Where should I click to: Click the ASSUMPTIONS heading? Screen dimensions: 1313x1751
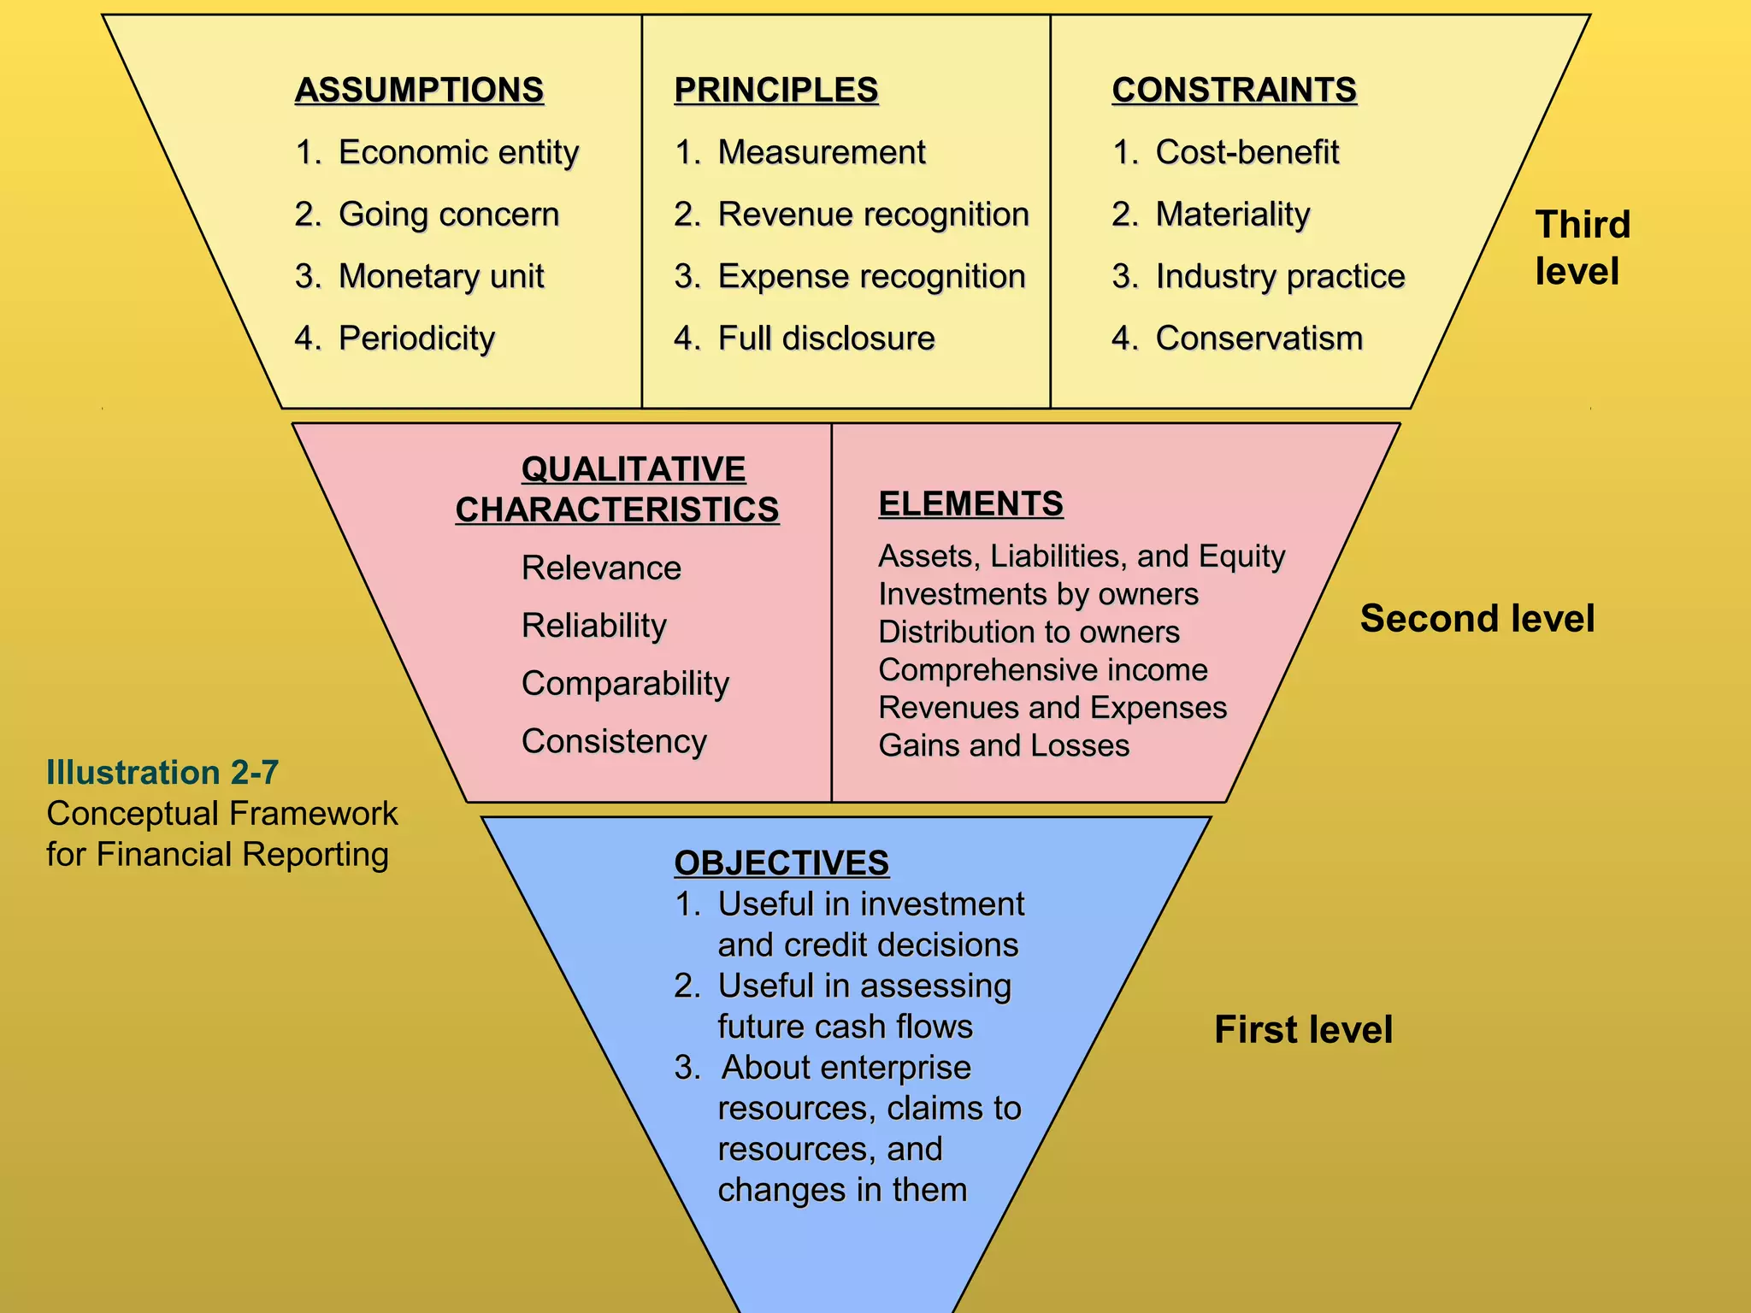click(419, 90)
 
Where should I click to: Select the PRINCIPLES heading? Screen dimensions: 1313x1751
click(775, 90)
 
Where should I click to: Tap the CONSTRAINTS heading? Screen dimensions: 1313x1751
click(1234, 90)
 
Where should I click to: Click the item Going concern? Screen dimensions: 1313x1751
click(448, 214)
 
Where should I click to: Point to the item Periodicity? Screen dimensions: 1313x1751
click(416, 339)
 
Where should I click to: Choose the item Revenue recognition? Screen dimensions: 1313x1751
click(872, 214)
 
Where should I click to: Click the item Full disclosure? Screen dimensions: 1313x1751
click(826, 339)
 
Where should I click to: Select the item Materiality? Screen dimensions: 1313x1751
click(1232, 214)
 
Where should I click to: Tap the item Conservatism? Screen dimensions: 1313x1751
click(1259, 339)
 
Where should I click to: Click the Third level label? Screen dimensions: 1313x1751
click(1582, 248)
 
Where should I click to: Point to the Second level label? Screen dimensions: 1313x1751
click(1477, 618)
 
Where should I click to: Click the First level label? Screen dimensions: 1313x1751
click(1303, 1029)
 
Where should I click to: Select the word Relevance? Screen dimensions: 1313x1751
click(601, 568)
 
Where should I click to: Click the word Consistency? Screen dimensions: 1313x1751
click(614, 741)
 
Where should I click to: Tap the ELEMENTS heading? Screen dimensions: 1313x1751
click(970, 503)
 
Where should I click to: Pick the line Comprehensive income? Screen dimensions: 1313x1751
click(1042, 669)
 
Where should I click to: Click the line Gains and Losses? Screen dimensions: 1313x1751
click(1004, 745)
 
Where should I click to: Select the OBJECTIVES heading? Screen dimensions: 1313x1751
click(781, 863)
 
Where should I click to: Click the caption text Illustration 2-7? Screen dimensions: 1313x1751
click(162, 772)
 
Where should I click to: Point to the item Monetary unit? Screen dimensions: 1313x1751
click(440, 276)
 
